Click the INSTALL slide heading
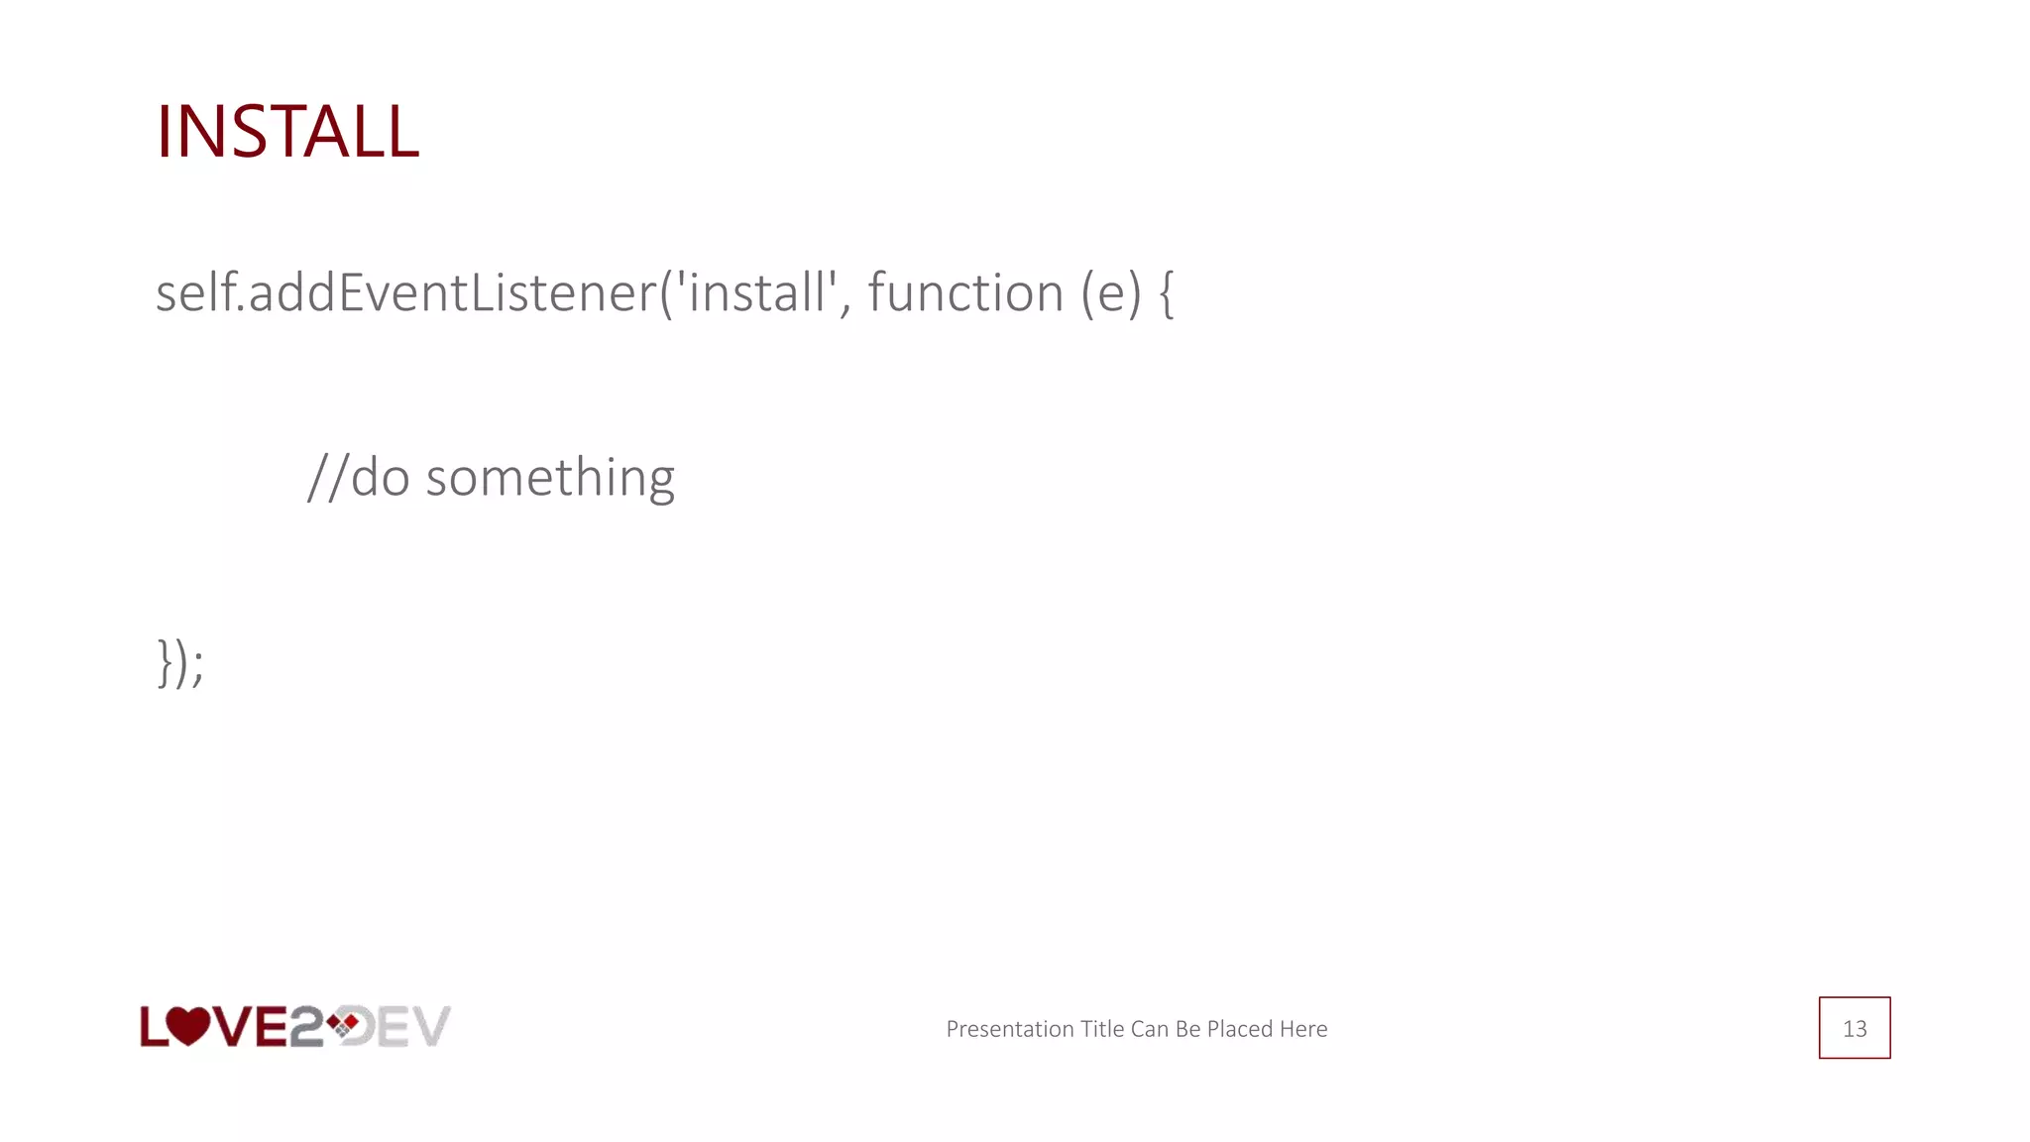point(287,131)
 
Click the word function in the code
point(965,293)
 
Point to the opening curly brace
point(1166,294)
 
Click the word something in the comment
point(550,478)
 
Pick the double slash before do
point(327,478)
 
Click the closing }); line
point(180,662)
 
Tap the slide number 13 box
point(1854,1028)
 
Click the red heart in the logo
point(187,1026)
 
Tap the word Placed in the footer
point(1239,1029)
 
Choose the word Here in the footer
point(1303,1029)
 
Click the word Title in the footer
point(1102,1029)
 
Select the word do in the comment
point(381,478)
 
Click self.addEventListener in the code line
point(406,293)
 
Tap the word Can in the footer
point(1149,1029)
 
